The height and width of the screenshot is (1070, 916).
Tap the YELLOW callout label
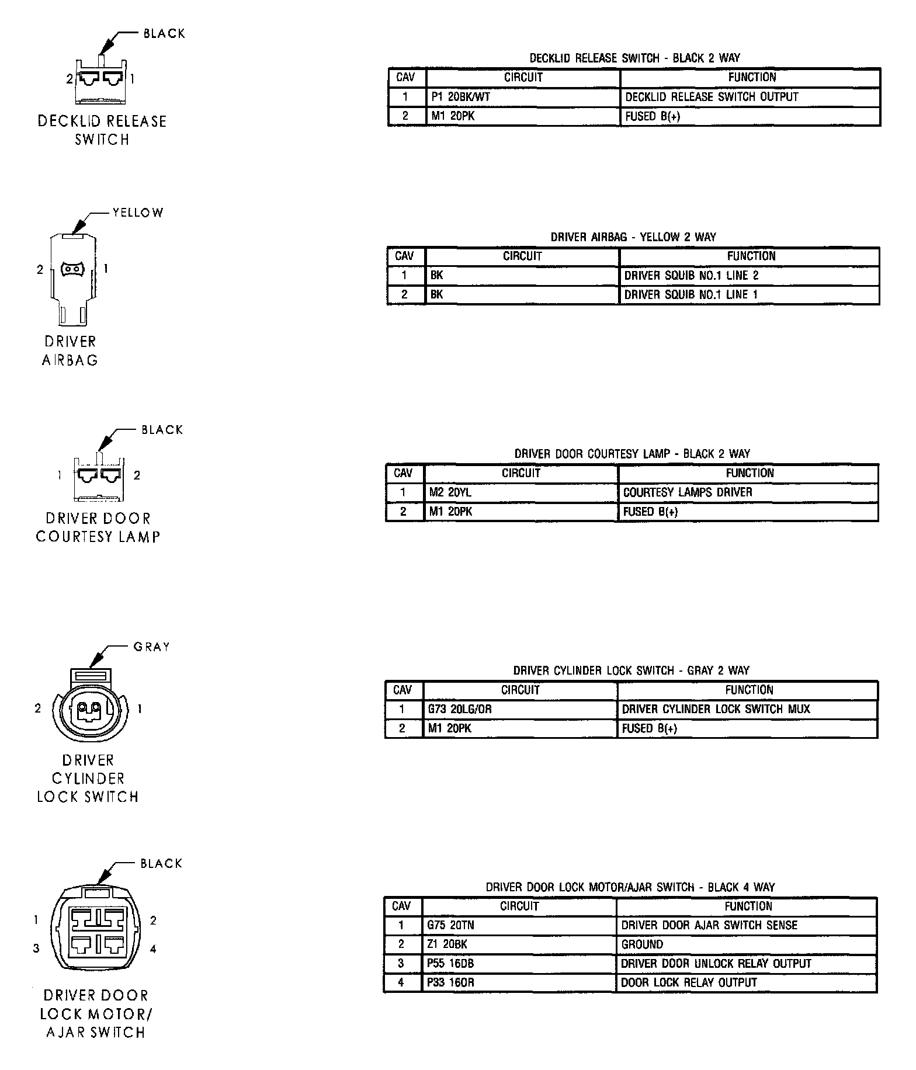138,213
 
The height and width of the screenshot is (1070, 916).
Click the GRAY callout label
151,647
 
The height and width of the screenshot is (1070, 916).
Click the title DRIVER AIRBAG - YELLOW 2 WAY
633,237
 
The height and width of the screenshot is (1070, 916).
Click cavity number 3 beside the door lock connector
36,949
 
